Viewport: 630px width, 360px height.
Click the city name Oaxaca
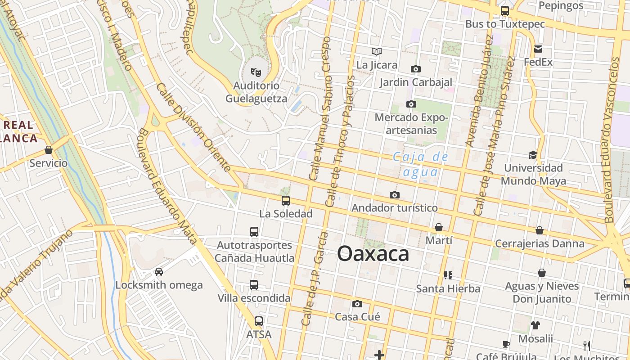coord(373,254)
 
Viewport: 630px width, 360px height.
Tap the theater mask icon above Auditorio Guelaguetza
coord(256,72)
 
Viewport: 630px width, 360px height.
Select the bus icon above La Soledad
coord(286,201)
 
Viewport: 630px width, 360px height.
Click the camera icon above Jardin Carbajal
coord(416,69)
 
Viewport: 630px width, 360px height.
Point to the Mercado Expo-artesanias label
coord(411,124)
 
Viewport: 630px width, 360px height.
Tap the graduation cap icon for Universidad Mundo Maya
coord(533,155)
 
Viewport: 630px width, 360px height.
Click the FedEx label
coord(538,62)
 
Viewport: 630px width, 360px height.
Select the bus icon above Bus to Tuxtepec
coord(505,11)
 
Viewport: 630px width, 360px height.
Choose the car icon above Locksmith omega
coord(159,272)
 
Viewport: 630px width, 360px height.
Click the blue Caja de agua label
coord(421,164)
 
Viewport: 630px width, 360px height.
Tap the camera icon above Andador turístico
coord(395,195)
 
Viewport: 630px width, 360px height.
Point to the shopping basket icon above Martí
coord(439,227)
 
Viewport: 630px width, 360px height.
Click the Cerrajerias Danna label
coord(540,243)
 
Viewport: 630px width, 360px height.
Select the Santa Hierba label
coord(448,288)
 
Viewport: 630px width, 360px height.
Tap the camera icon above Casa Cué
coord(357,304)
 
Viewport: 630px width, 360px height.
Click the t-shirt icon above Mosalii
coord(535,325)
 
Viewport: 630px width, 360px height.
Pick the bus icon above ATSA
coord(259,321)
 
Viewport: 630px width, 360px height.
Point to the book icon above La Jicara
coord(377,52)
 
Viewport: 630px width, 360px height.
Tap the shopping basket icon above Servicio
coord(49,150)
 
